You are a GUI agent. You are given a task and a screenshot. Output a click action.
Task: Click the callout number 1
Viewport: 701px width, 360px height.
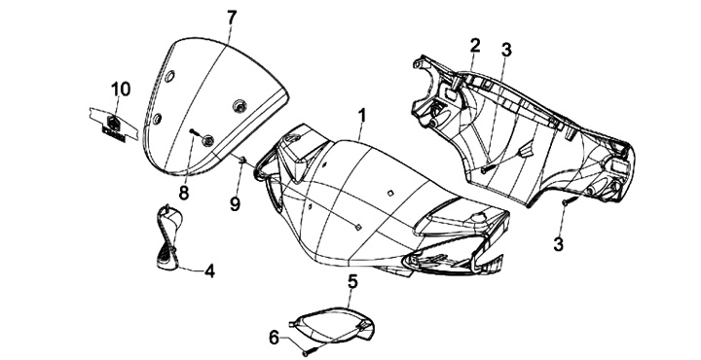pos(362,115)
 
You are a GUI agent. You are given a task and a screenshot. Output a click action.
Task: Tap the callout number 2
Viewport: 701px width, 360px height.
pos(475,45)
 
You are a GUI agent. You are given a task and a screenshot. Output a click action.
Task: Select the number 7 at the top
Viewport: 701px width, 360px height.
pos(231,18)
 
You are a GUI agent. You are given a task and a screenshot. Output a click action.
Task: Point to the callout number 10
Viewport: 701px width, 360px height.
pos(121,89)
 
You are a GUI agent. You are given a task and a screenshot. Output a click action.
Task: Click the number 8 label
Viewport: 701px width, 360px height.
pos(184,193)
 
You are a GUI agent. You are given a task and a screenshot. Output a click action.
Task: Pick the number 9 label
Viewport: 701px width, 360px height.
pos(236,204)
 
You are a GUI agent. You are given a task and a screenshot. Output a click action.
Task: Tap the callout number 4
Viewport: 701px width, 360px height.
pos(209,270)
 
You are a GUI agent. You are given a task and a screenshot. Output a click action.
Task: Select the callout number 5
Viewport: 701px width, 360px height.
pos(352,282)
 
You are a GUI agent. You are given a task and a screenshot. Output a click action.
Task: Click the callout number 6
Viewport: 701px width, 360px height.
pos(275,338)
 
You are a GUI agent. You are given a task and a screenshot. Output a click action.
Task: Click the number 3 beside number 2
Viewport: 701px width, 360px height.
pos(506,50)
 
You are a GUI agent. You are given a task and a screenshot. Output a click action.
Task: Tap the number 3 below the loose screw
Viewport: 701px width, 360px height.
pos(558,244)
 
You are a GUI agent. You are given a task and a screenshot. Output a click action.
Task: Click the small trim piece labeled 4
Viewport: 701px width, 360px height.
pos(168,237)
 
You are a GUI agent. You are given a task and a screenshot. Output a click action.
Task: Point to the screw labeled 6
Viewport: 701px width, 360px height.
pos(312,350)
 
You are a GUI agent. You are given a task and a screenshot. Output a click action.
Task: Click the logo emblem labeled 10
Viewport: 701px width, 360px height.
pos(114,126)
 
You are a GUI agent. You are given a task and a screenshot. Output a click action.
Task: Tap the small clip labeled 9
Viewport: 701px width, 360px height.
pos(242,159)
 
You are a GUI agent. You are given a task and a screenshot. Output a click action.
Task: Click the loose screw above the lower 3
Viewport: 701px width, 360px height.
pos(566,201)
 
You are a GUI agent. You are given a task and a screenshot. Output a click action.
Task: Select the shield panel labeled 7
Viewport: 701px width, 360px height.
pos(215,106)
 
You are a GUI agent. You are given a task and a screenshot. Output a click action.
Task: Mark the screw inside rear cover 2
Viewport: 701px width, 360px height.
pos(487,168)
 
